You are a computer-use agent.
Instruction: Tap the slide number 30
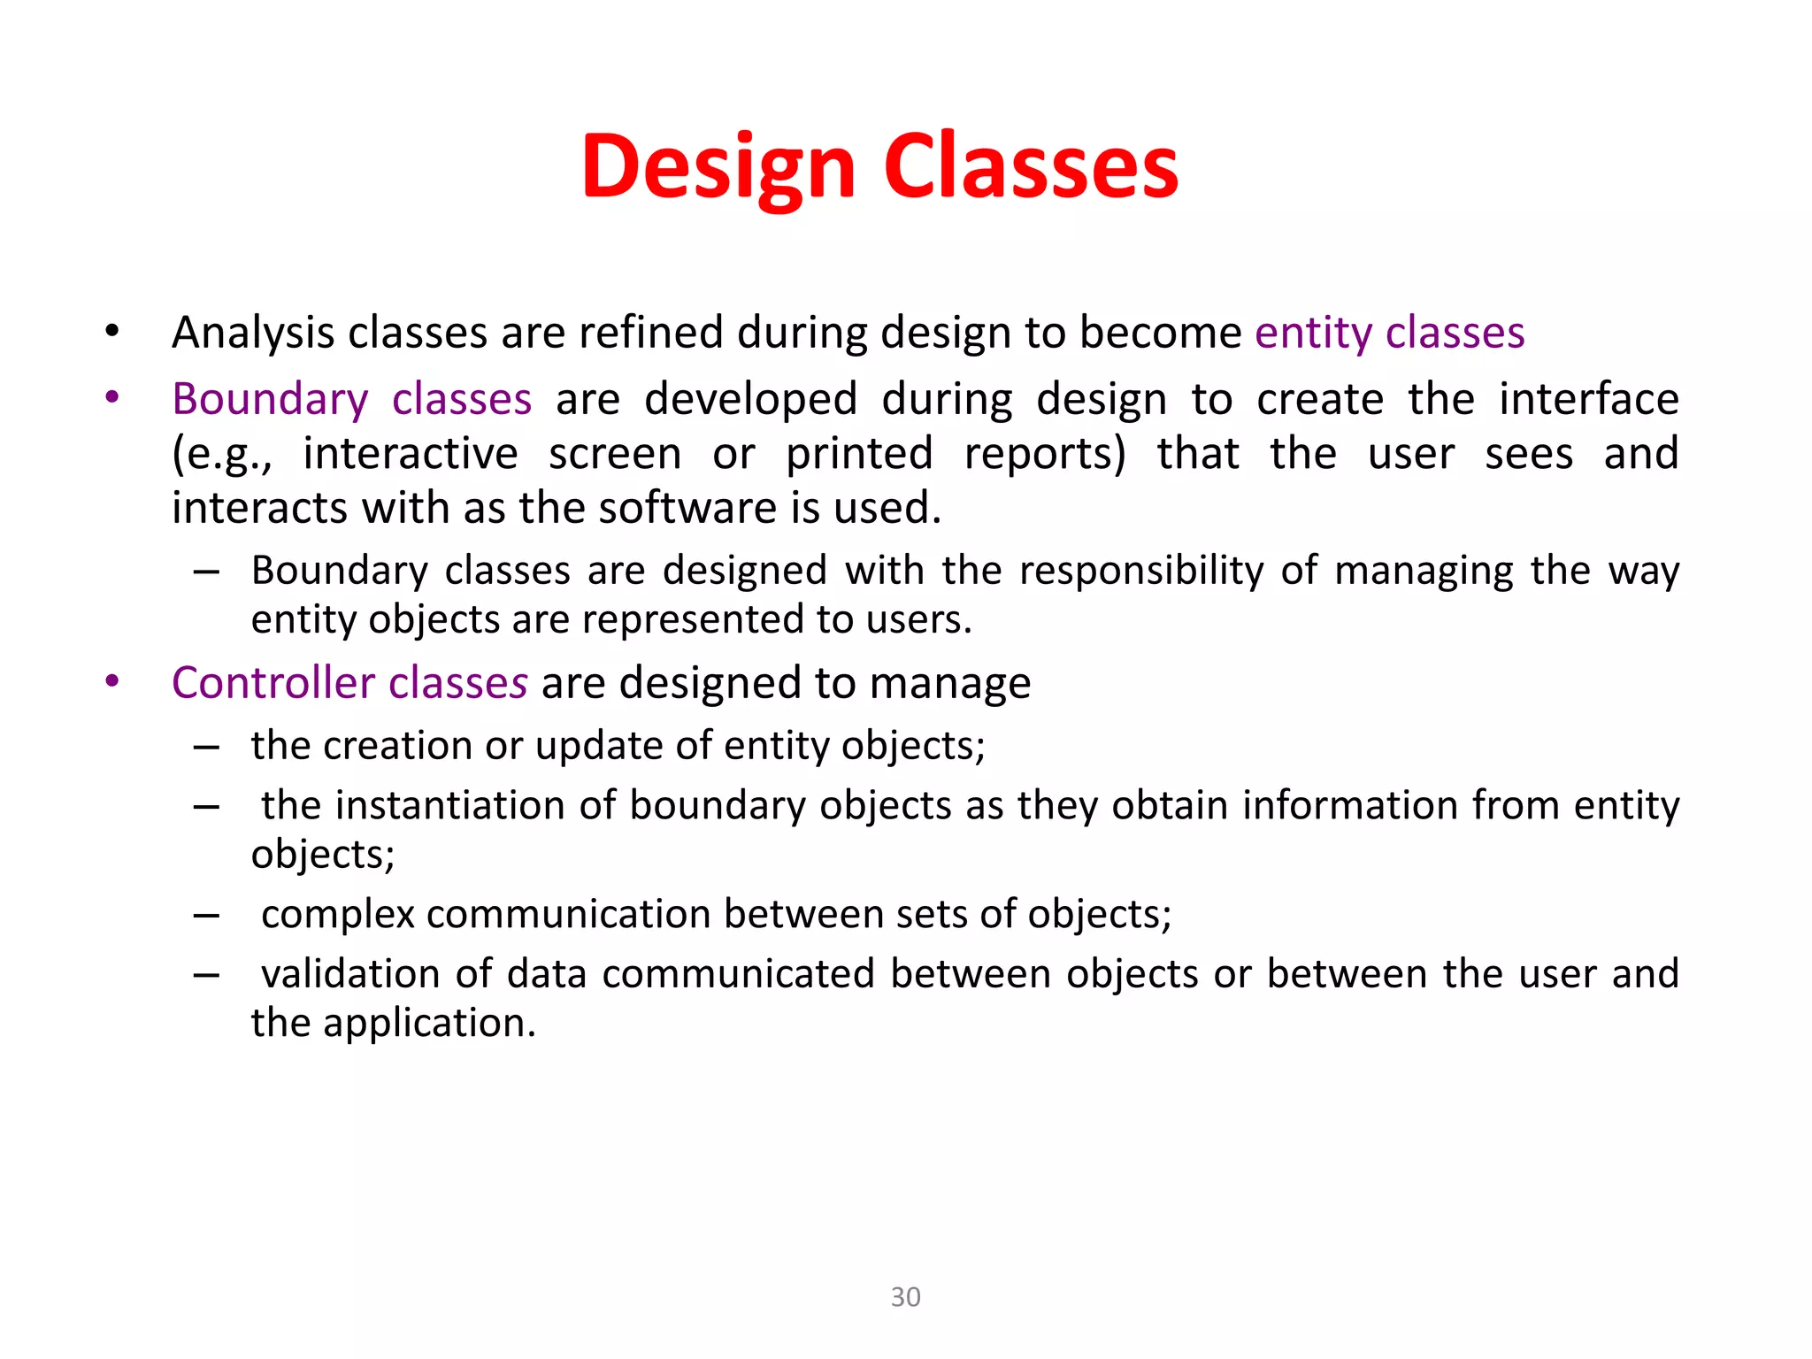point(905,1297)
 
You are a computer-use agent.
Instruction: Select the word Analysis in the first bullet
point(254,334)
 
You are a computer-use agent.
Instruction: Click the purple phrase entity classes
point(1389,334)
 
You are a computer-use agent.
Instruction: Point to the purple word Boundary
point(270,399)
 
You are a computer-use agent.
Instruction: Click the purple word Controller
point(273,683)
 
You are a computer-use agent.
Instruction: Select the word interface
point(1588,399)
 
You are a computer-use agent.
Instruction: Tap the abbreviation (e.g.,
point(222,455)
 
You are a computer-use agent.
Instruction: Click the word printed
point(859,454)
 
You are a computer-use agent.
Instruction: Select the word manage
point(950,684)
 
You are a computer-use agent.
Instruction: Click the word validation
point(350,974)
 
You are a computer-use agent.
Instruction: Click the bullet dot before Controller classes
point(111,681)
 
